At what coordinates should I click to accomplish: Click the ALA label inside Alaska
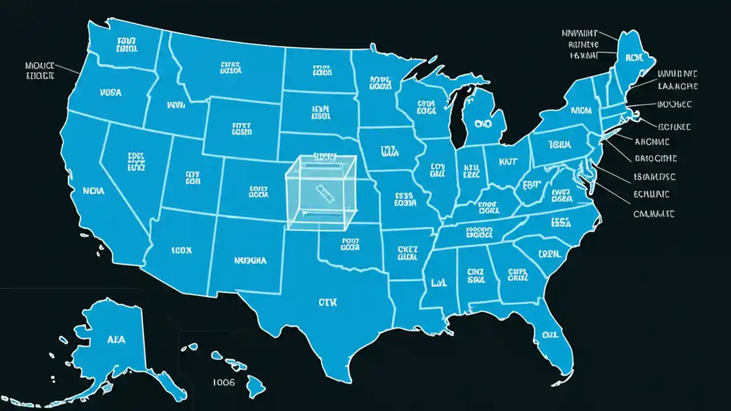coord(116,339)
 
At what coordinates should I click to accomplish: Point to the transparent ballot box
coord(321,192)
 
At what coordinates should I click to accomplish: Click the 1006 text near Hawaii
coord(223,382)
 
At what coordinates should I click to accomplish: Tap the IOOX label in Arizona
coord(181,250)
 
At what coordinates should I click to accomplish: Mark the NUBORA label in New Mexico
coord(250,260)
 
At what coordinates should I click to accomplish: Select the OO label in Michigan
coord(483,123)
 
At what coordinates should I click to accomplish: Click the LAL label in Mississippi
coord(438,282)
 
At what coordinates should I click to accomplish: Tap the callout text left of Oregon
coord(40,70)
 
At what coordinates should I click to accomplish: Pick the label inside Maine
coord(634,58)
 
